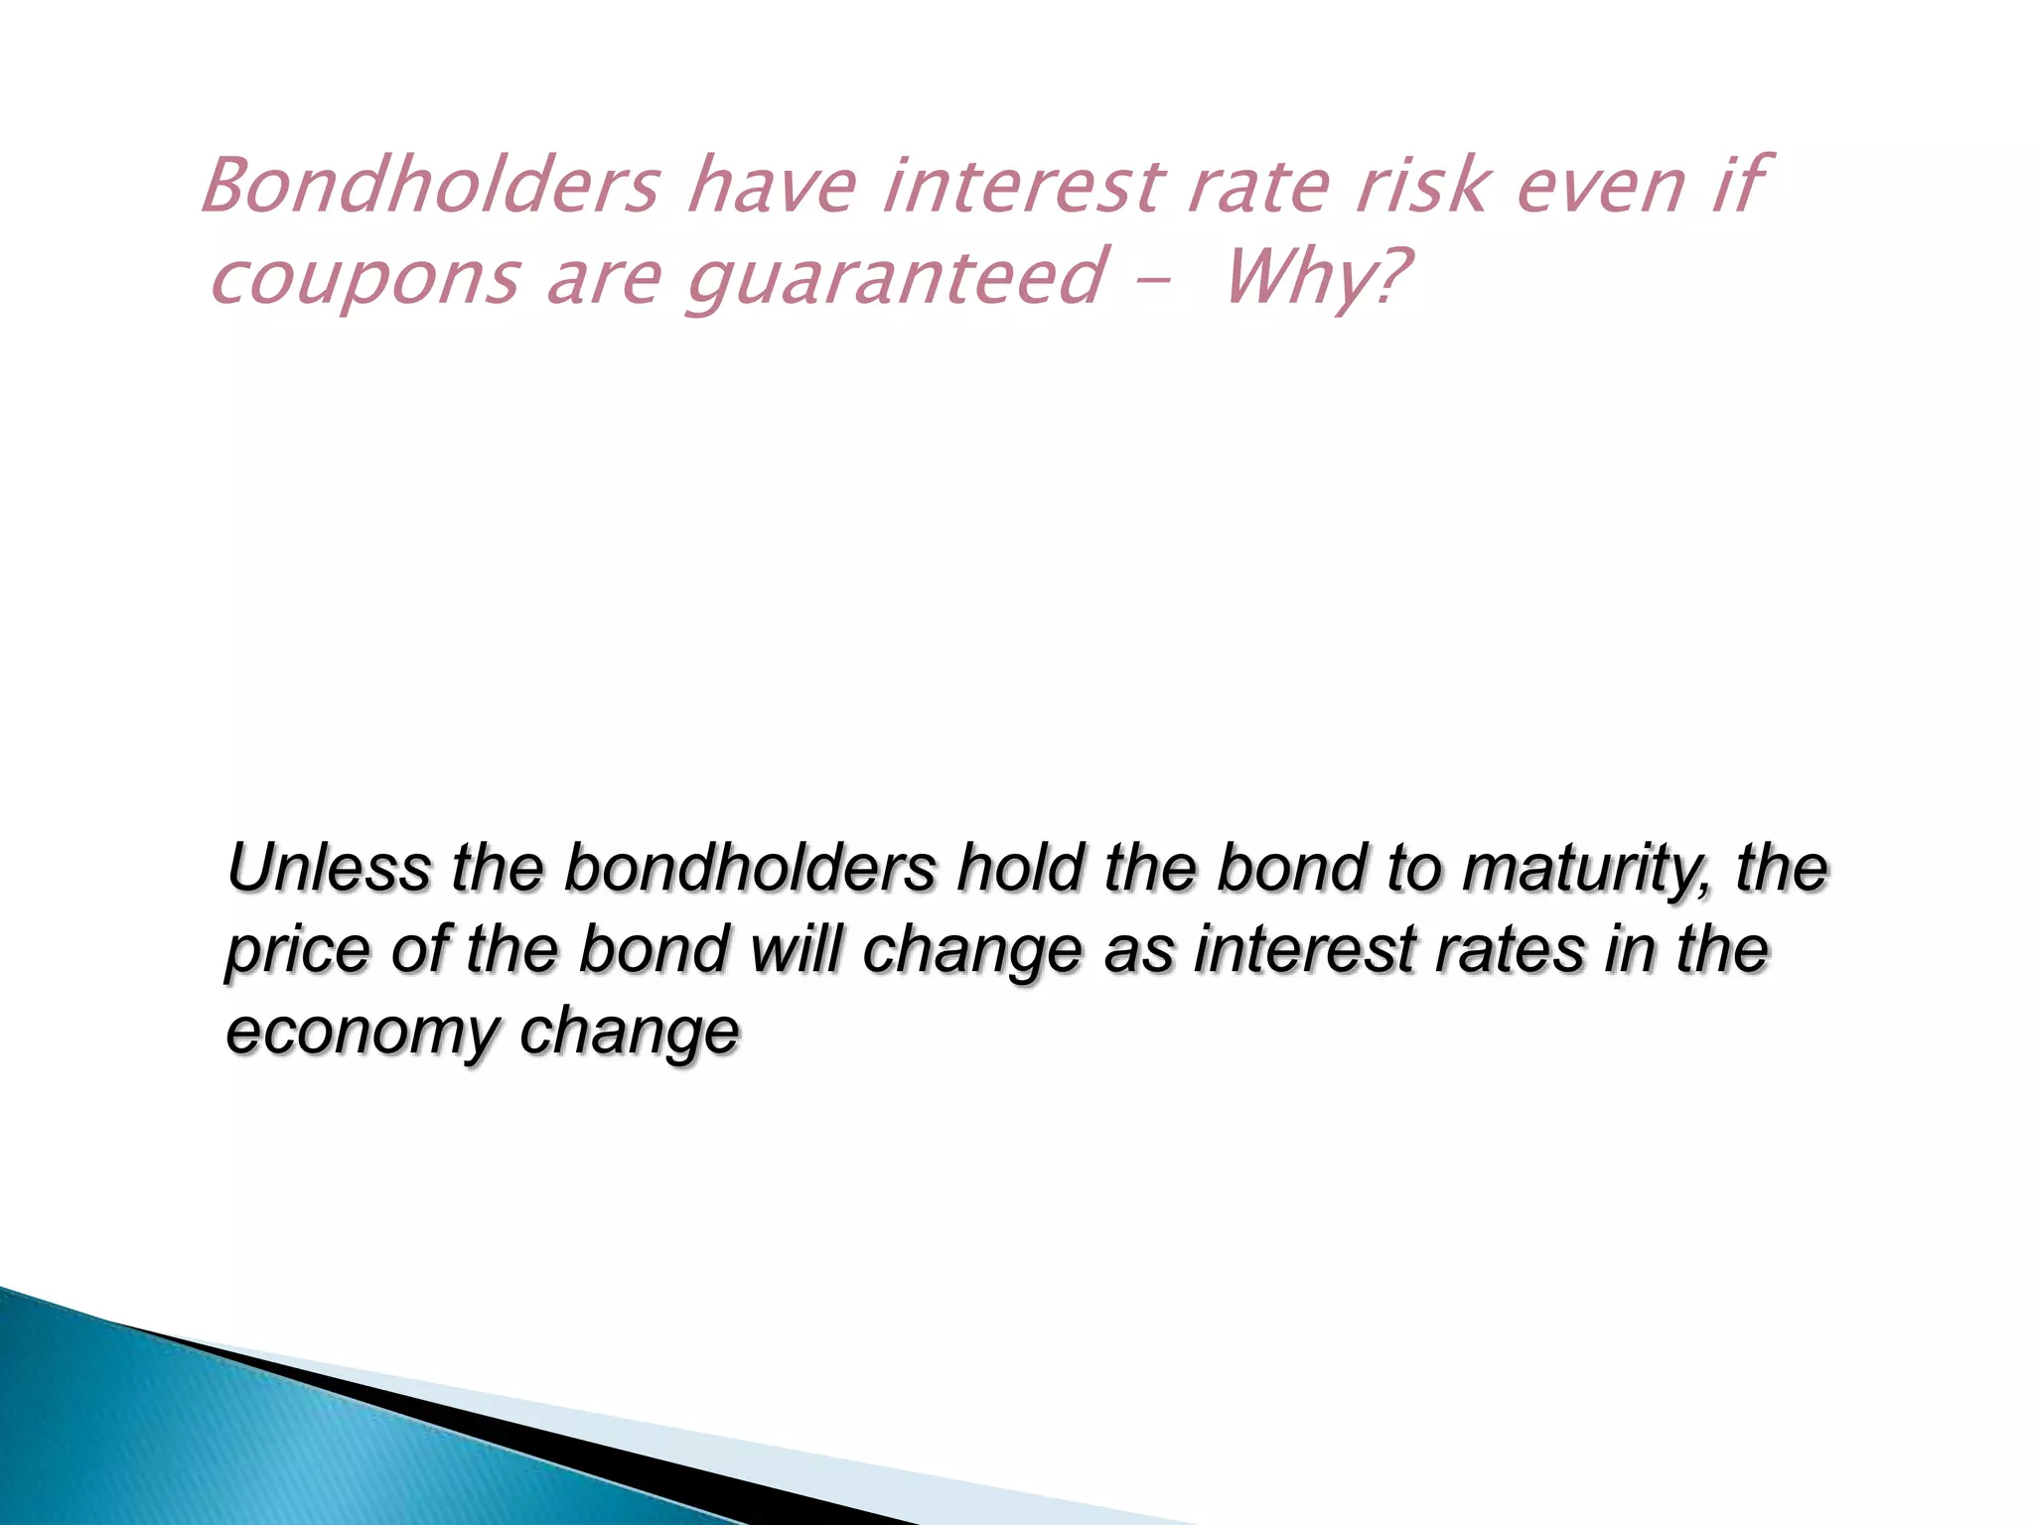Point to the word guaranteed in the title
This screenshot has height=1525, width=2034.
(x=895, y=278)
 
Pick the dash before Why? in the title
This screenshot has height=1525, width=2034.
(x=1151, y=281)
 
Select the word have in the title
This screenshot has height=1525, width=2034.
(x=771, y=186)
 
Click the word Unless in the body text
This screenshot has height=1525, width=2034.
(x=329, y=867)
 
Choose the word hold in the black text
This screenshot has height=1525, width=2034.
(x=1019, y=867)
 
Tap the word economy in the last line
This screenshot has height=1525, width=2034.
(x=362, y=1033)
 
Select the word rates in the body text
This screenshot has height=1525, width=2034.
(x=1510, y=950)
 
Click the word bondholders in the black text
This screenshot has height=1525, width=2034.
(x=750, y=867)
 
